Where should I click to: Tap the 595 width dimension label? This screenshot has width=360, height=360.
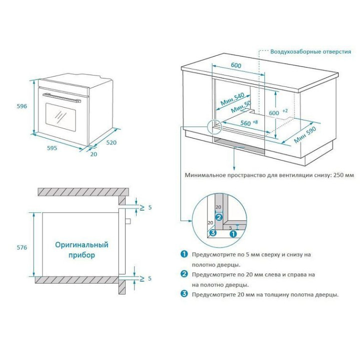pos(52,148)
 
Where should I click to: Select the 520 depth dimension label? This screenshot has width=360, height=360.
pos(111,142)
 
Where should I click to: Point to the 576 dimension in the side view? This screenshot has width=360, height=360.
pos(20,247)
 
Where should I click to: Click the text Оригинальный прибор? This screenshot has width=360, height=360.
pos(81,250)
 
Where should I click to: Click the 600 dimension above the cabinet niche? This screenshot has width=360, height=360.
pos(236,65)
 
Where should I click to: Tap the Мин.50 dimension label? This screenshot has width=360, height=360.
pos(240,108)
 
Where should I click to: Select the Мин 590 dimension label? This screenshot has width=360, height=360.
pos(305,133)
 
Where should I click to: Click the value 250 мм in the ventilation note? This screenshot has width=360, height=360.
pos(342,175)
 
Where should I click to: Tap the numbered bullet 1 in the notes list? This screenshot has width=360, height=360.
pos(184,254)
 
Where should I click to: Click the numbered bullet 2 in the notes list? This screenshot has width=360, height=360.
pos(184,274)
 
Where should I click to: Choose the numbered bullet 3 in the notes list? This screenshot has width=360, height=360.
pos(184,294)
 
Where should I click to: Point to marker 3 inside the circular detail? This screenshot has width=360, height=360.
pos(212,232)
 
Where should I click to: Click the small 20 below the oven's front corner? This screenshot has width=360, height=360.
pos(93,153)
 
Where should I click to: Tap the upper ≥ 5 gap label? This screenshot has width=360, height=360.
pos(144,207)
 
